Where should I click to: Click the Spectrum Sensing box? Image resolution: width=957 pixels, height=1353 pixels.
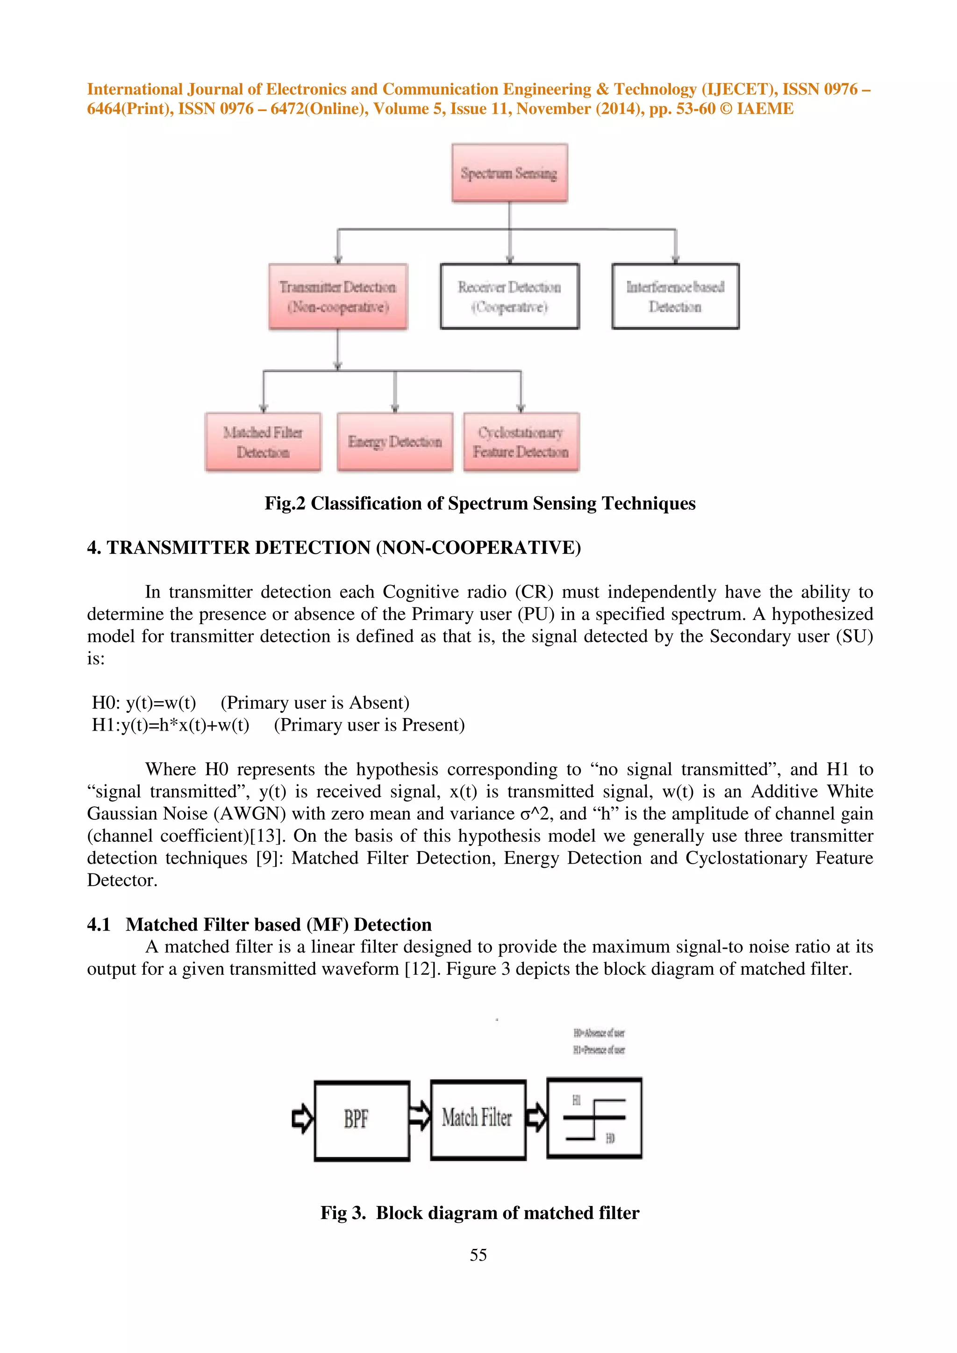[x=509, y=173]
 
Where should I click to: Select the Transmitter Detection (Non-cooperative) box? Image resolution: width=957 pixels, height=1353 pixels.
[x=338, y=296]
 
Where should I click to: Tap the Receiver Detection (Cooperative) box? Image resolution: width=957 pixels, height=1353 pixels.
[x=509, y=296]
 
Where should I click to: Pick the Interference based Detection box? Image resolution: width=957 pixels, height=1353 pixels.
[x=675, y=296]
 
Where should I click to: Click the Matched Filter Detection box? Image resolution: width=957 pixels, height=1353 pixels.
[x=263, y=442]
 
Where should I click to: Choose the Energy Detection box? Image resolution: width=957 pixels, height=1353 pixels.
[x=394, y=442]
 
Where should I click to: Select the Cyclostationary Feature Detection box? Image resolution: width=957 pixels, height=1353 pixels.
[x=521, y=442]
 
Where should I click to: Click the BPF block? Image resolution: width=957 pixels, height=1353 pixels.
[x=362, y=1120]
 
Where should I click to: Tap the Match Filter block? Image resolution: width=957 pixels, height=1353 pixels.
[x=478, y=1119]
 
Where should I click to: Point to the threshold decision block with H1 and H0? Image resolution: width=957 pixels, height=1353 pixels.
[x=594, y=1118]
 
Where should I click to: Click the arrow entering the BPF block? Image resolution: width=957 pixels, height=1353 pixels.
[x=302, y=1118]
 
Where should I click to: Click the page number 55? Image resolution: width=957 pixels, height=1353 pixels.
[x=478, y=1254]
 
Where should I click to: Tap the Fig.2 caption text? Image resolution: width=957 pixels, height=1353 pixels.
[x=479, y=503]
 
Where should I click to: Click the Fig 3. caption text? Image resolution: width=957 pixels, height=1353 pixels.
[x=479, y=1213]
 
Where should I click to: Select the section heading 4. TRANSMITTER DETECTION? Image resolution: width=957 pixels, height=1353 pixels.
[x=334, y=548]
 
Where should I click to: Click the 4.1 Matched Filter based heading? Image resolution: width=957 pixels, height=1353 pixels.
[x=259, y=924]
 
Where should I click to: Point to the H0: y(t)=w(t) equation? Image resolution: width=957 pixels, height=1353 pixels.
[x=144, y=703]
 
